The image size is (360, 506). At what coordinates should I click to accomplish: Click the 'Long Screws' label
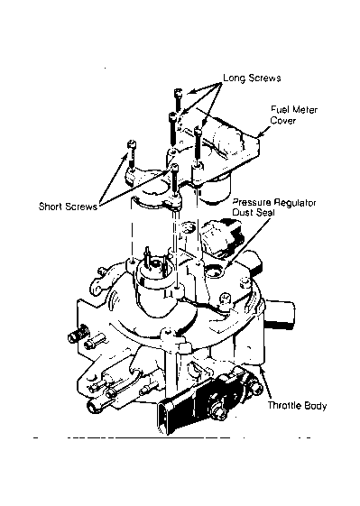click(x=252, y=78)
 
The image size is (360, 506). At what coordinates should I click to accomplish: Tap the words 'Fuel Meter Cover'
click(x=294, y=115)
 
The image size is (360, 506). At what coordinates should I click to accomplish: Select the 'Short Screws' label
click(x=68, y=207)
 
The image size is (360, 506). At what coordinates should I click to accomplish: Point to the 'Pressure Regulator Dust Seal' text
click(x=274, y=207)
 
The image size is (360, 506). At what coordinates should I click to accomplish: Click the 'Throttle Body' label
click(x=298, y=405)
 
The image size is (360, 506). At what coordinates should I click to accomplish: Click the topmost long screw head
click(x=179, y=93)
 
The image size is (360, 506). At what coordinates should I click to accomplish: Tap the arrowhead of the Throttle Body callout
click(x=263, y=370)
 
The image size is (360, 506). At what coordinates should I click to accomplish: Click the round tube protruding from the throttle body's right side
click(x=280, y=312)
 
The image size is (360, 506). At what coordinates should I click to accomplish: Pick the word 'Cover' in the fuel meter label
click(x=283, y=120)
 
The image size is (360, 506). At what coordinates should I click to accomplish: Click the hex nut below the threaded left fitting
click(x=94, y=343)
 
